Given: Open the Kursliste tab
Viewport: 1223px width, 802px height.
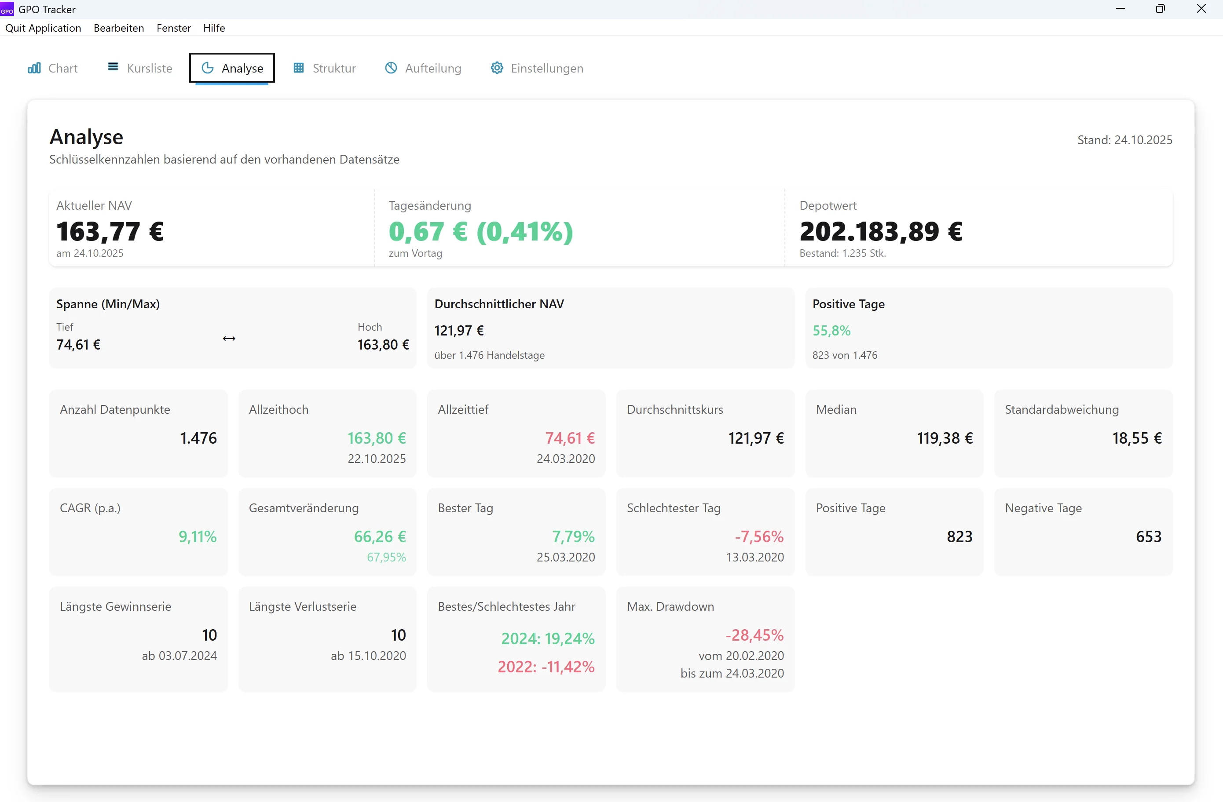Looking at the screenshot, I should click(140, 68).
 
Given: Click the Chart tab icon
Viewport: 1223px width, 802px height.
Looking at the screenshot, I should click(34, 68).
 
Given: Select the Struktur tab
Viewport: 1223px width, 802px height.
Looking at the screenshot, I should click(324, 68).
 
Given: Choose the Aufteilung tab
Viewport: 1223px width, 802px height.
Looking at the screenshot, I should click(423, 68).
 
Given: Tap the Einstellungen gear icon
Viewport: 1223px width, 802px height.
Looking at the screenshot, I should click(496, 68).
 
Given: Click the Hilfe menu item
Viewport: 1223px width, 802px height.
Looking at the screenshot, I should click(214, 28).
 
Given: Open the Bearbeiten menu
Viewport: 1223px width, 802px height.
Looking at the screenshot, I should click(119, 28).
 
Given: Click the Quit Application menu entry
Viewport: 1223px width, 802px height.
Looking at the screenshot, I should click(43, 28).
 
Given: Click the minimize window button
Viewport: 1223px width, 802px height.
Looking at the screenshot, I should click(1120, 9).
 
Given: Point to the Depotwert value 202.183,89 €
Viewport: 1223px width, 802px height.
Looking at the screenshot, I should click(881, 232).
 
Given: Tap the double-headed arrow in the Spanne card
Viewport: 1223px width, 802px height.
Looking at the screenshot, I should click(229, 339).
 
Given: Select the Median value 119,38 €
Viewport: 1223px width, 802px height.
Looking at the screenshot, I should click(945, 438).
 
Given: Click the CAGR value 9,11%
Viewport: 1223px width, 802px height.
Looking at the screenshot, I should click(198, 536).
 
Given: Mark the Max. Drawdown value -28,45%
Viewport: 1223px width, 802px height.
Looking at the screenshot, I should click(754, 635).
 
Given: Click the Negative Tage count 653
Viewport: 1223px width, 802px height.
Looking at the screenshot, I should click(1149, 536).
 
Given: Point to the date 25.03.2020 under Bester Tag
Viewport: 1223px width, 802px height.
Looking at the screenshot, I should click(565, 557).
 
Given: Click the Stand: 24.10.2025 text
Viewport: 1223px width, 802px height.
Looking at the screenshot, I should click(1124, 140).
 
